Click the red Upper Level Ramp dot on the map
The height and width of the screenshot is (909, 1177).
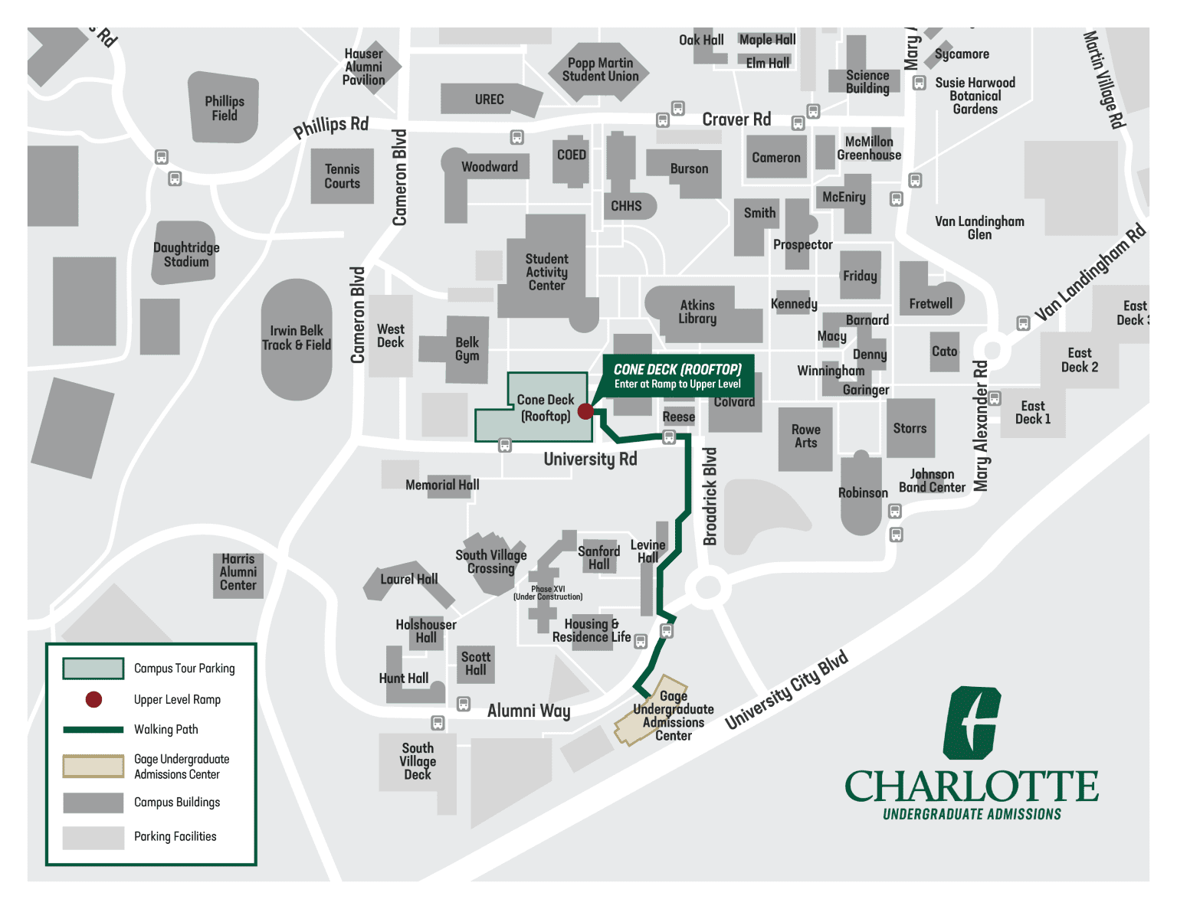585,411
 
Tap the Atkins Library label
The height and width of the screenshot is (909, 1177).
697,312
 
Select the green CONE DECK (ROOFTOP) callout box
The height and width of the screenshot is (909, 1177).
677,375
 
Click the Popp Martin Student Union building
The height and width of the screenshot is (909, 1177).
600,70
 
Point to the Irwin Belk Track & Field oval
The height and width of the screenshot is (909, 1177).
297,338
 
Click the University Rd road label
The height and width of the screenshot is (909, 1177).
590,459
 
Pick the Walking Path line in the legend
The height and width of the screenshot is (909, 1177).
93,730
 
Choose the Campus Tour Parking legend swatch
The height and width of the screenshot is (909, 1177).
93,669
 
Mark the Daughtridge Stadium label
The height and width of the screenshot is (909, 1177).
186,254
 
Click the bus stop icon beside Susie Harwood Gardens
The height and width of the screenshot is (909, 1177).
919,83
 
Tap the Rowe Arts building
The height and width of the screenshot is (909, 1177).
805,437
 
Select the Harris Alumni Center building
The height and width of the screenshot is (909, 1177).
238,573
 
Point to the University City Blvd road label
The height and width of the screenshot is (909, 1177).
786,689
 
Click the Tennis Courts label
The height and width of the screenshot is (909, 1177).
342,176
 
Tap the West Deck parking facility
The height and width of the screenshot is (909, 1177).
391,336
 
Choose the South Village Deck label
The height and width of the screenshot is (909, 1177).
418,761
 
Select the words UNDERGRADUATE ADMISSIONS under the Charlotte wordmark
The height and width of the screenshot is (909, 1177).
972,814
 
